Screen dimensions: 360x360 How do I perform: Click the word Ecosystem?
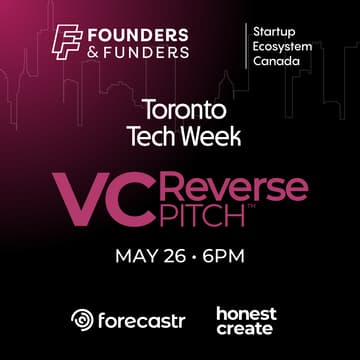[x=284, y=46]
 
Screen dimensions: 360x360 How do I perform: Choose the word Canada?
[x=277, y=62]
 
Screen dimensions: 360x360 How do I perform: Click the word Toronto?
[x=180, y=108]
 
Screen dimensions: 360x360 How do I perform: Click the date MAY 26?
[x=152, y=255]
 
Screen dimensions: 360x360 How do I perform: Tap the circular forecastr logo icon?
[x=82, y=320]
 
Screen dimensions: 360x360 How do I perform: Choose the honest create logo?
[x=245, y=320]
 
